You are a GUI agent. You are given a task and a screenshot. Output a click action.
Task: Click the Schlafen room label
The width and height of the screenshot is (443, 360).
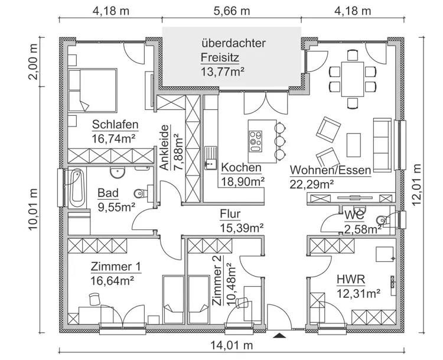click(115, 125)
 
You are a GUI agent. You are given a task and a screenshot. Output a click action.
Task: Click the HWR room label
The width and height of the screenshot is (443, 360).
click(350, 279)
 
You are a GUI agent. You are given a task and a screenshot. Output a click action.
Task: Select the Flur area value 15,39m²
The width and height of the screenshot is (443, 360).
click(242, 227)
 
